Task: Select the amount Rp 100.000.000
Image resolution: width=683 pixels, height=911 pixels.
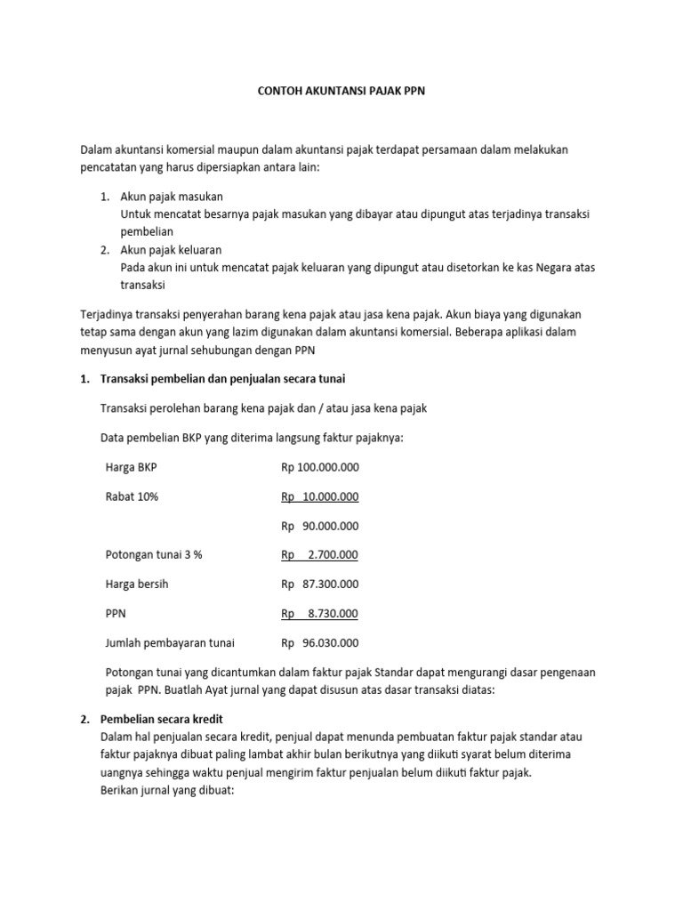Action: coord(320,467)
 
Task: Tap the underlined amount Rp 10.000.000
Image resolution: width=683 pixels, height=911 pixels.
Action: coord(320,496)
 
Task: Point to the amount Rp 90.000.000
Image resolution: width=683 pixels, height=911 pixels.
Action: coord(320,526)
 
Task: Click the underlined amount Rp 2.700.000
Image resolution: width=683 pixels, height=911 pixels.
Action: coord(320,555)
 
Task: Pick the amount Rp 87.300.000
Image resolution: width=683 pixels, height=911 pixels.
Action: coord(320,584)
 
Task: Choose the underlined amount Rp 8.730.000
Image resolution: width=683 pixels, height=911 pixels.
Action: coord(320,614)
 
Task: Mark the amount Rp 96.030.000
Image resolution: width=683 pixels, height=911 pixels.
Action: coord(320,643)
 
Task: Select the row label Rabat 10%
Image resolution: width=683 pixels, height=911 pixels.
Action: coord(132,496)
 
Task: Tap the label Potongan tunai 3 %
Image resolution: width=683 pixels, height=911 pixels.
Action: coord(154,555)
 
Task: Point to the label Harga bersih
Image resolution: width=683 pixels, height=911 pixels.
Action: coord(137,584)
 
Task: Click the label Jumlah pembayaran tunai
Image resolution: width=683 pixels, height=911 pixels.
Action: coord(170,643)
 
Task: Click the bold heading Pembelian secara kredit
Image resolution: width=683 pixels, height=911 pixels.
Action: coord(169,720)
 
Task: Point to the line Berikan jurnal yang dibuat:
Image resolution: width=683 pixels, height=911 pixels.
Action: coord(169,791)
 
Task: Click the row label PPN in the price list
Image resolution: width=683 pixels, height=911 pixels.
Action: coord(117,614)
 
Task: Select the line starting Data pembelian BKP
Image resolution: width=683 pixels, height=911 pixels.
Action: coord(253,438)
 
